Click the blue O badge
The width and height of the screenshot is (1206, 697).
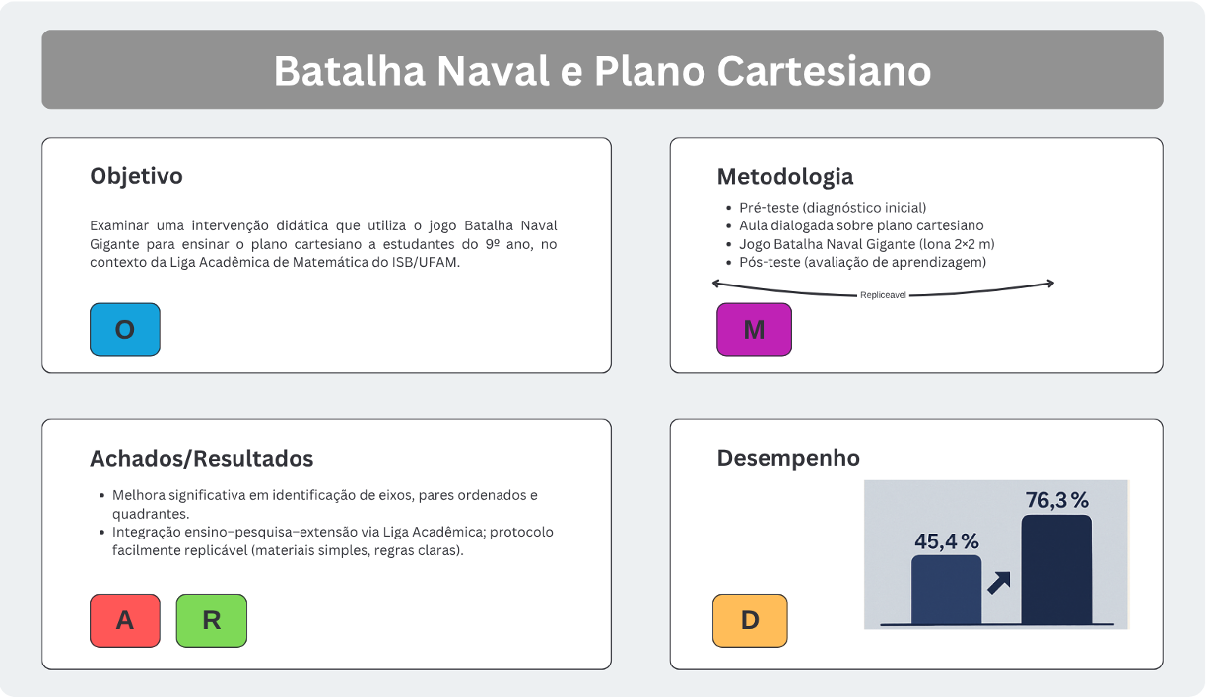click(x=124, y=330)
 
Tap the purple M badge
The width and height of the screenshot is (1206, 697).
click(x=754, y=330)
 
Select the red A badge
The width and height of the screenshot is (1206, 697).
click(x=124, y=620)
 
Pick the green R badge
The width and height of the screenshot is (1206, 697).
click(x=211, y=620)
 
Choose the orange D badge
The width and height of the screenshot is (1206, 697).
click(x=750, y=620)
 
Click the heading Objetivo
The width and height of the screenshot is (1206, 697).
click(x=136, y=176)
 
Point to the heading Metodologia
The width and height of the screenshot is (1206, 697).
click(x=784, y=177)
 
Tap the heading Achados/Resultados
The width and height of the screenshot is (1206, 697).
click(x=201, y=458)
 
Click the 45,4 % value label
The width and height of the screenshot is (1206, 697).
click(x=946, y=540)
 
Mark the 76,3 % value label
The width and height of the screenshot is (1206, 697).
click(x=1057, y=500)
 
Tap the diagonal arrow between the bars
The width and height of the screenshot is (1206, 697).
click(x=999, y=583)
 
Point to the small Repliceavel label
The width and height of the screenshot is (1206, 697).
click(x=883, y=294)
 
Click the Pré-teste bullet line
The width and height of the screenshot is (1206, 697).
click(x=833, y=208)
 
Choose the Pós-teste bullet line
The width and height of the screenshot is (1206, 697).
click(x=862, y=262)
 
